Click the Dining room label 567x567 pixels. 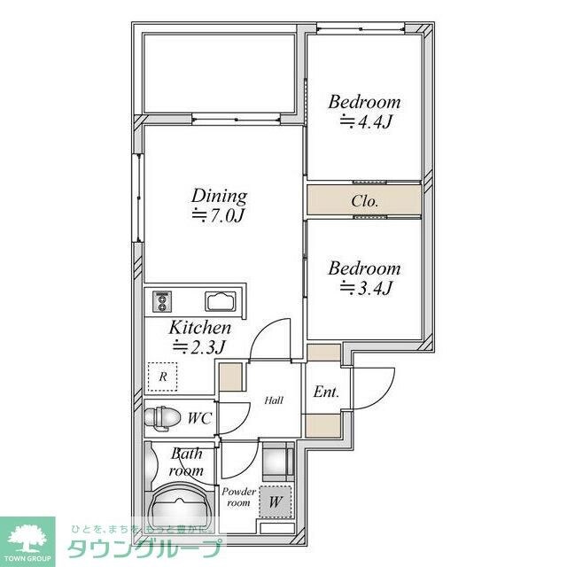[x=220, y=196]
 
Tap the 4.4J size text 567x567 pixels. [x=366, y=121]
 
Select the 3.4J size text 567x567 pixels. [x=366, y=287]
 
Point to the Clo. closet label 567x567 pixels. [x=364, y=201]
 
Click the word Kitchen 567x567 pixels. [x=200, y=328]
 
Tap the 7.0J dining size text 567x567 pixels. [x=220, y=215]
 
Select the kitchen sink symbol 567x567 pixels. [x=217, y=301]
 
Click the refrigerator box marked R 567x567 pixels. [x=162, y=377]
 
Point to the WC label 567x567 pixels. [x=198, y=416]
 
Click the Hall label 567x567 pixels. [x=274, y=400]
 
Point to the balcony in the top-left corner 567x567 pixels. [x=219, y=74]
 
